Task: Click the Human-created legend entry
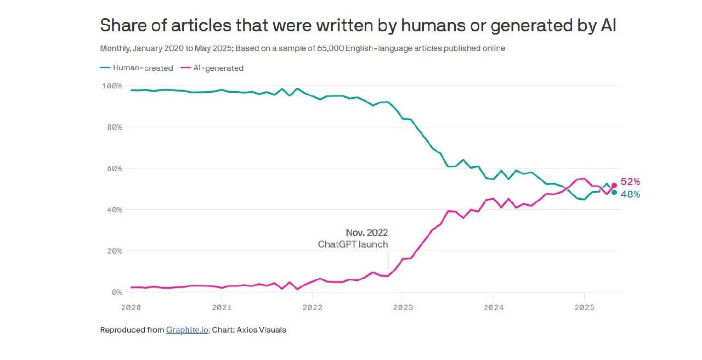(x=137, y=68)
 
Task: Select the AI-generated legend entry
(x=212, y=68)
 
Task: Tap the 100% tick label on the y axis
(x=112, y=86)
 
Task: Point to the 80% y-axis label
(x=115, y=127)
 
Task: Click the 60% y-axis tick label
(x=115, y=168)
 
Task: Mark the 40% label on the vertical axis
(x=115, y=210)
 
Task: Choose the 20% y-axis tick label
(x=115, y=251)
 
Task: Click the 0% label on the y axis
(x=117, y=292)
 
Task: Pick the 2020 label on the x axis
(x=131, y=308)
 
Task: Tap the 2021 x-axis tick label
(x=222, y=308)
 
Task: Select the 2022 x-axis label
(x=313, y=308)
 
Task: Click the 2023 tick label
(x=403, y=308)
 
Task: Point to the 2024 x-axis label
(x=494, y=308)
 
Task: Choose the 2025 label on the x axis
(x=585, y=308)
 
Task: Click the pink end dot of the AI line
(x=614, y=185)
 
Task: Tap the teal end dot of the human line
(x=614, y=193)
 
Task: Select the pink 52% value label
(x=630, y=182)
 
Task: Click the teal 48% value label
(x=630, y=194)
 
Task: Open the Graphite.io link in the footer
(x=188, y=330)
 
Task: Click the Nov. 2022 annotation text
(x=367, y=233)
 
